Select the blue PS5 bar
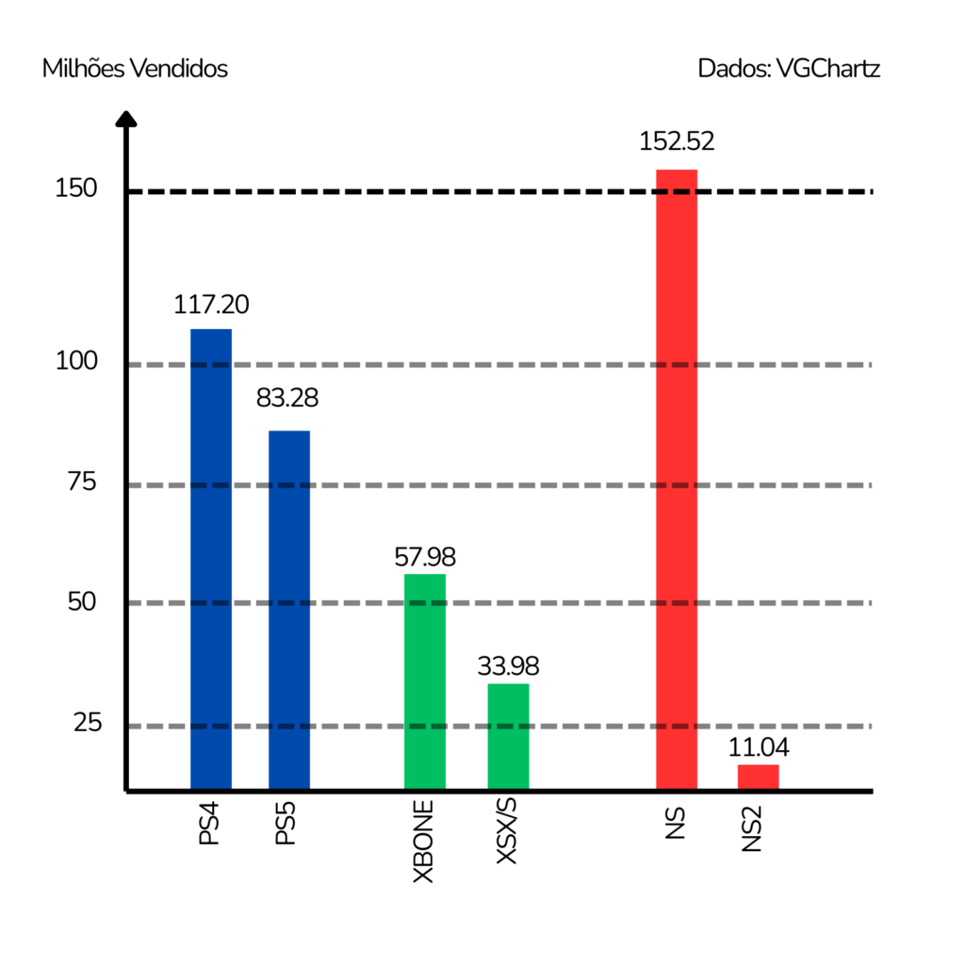point(289,610)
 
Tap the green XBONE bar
point(424,681)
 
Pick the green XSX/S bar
point(508,736)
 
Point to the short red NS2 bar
point(758,777)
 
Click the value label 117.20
point(211,304)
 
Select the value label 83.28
point(287,398)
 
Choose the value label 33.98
point(508,666)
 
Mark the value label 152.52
point(677,142)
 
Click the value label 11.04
point(759,748)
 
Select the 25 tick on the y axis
point(86,724)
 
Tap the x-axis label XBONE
point(424,842)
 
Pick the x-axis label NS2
point(752,828)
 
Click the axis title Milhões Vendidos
point(135,69)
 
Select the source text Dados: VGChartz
point(789,69)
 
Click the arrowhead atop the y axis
point(126,119)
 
